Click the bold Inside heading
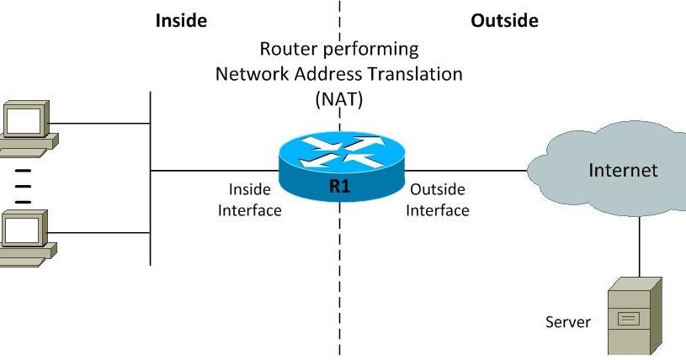[x=181, y=20]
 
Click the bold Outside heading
[x=504, y=20]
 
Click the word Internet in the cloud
[x=623, y=171]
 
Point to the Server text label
[x=568, y=322]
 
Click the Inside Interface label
[x=249, y=200]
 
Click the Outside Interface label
[x=437, y=200]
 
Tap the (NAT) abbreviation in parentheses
[x=338, y=98]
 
